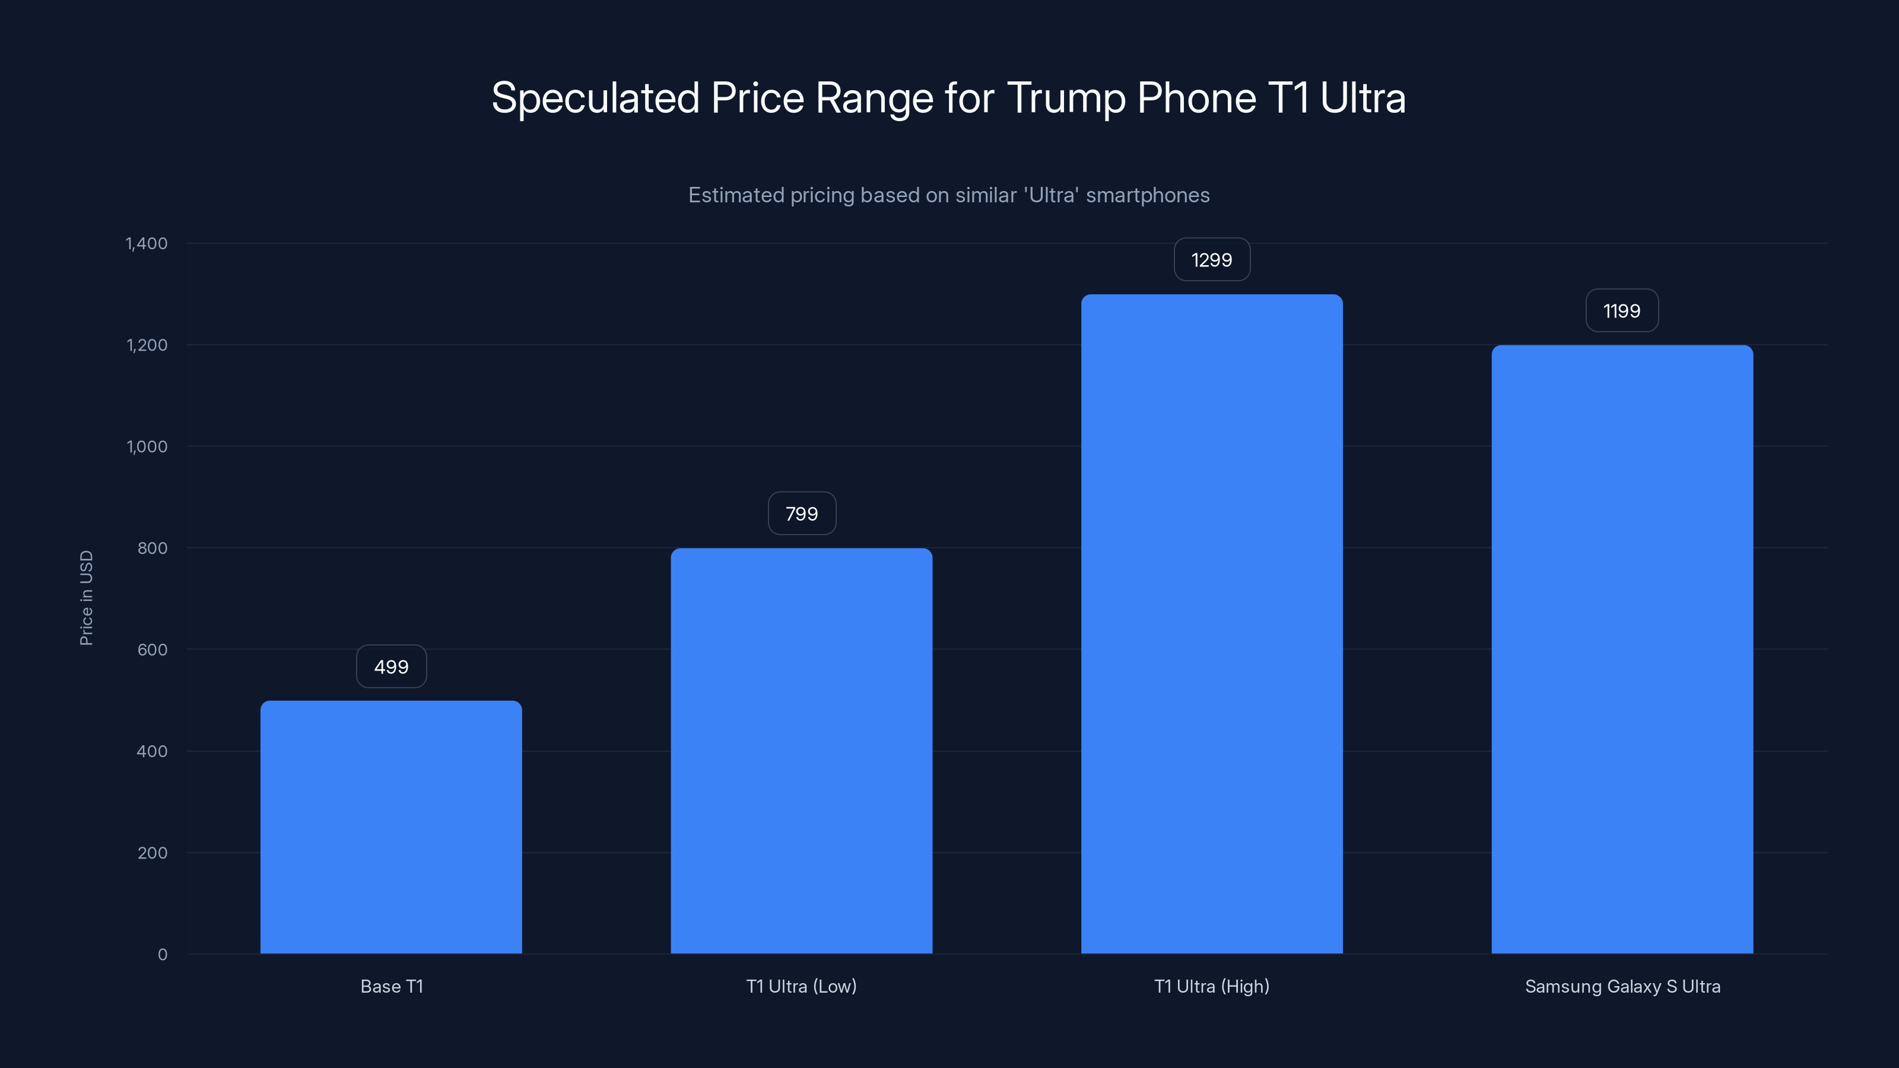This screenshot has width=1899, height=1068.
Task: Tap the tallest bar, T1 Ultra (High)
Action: [x=1211, y=624]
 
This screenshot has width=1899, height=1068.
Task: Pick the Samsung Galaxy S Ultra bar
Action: [x=1622, y=649]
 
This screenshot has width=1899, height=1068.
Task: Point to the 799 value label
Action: [x=801, y=514]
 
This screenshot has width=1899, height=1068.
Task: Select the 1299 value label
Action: [x=1211, y=259]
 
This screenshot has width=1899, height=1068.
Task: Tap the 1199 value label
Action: [x=1622, y=311]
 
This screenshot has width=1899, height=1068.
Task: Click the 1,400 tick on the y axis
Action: [x=147, y=243]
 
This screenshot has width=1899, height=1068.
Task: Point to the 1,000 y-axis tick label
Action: [x=147, y=447]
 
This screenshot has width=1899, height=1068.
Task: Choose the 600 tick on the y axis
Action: [x=152, y=649]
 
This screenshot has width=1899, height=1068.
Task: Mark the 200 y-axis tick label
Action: [x=152, y=853]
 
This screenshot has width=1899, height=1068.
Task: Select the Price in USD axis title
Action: [x=86, y=597]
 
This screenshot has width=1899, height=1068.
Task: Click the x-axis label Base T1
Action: [x=392, y=986]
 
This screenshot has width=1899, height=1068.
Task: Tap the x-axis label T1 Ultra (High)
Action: [x=1211, y=986]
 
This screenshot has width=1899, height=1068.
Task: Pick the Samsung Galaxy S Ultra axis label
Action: [x=1622, y=986]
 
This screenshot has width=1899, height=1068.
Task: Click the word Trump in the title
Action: [x=1065, y=98]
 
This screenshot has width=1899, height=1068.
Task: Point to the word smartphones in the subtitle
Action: [x=1147, y=195]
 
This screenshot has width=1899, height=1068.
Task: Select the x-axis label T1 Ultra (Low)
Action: [x=801, y=986]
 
